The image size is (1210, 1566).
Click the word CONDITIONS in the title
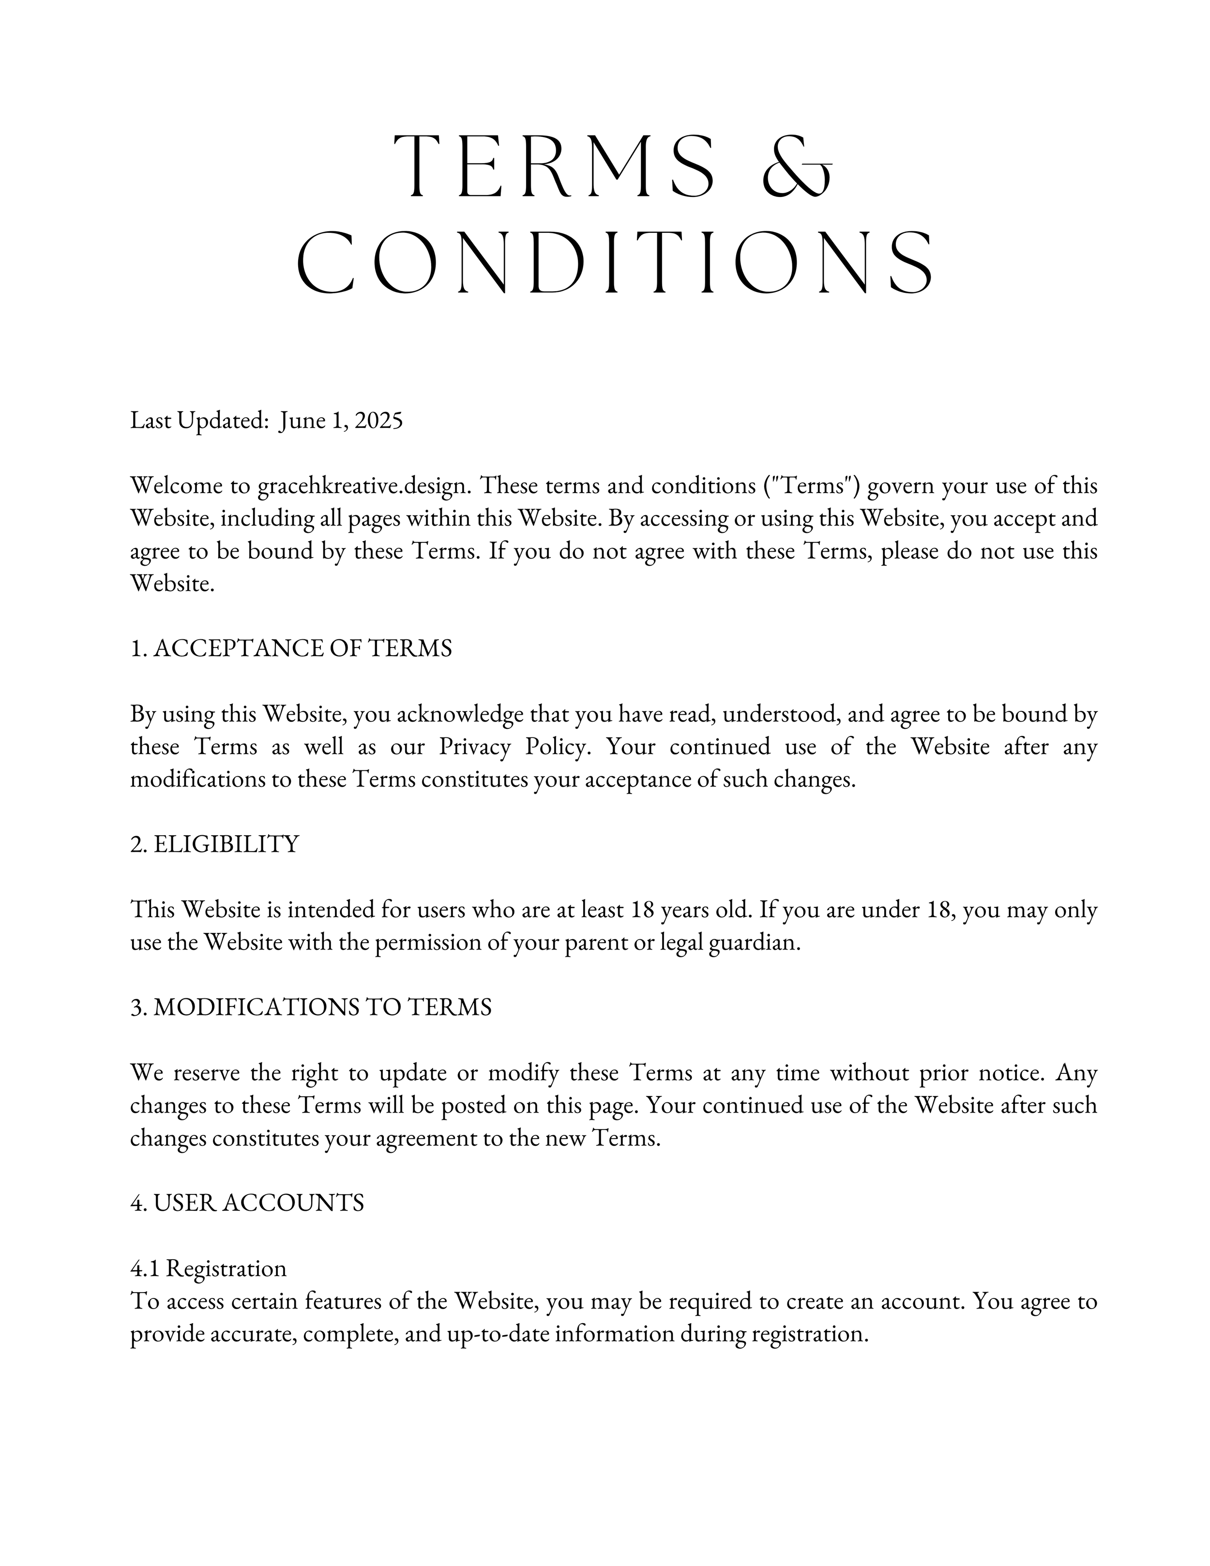[615, 263]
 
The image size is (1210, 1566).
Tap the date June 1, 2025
[341, 421]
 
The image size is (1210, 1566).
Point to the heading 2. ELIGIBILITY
[214, 844]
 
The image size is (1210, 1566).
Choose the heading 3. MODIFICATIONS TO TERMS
[311, 1008]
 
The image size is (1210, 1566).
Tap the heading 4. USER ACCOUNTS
[247, 1203]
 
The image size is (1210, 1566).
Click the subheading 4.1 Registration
[208, 1268]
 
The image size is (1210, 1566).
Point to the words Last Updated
[198, 421]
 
